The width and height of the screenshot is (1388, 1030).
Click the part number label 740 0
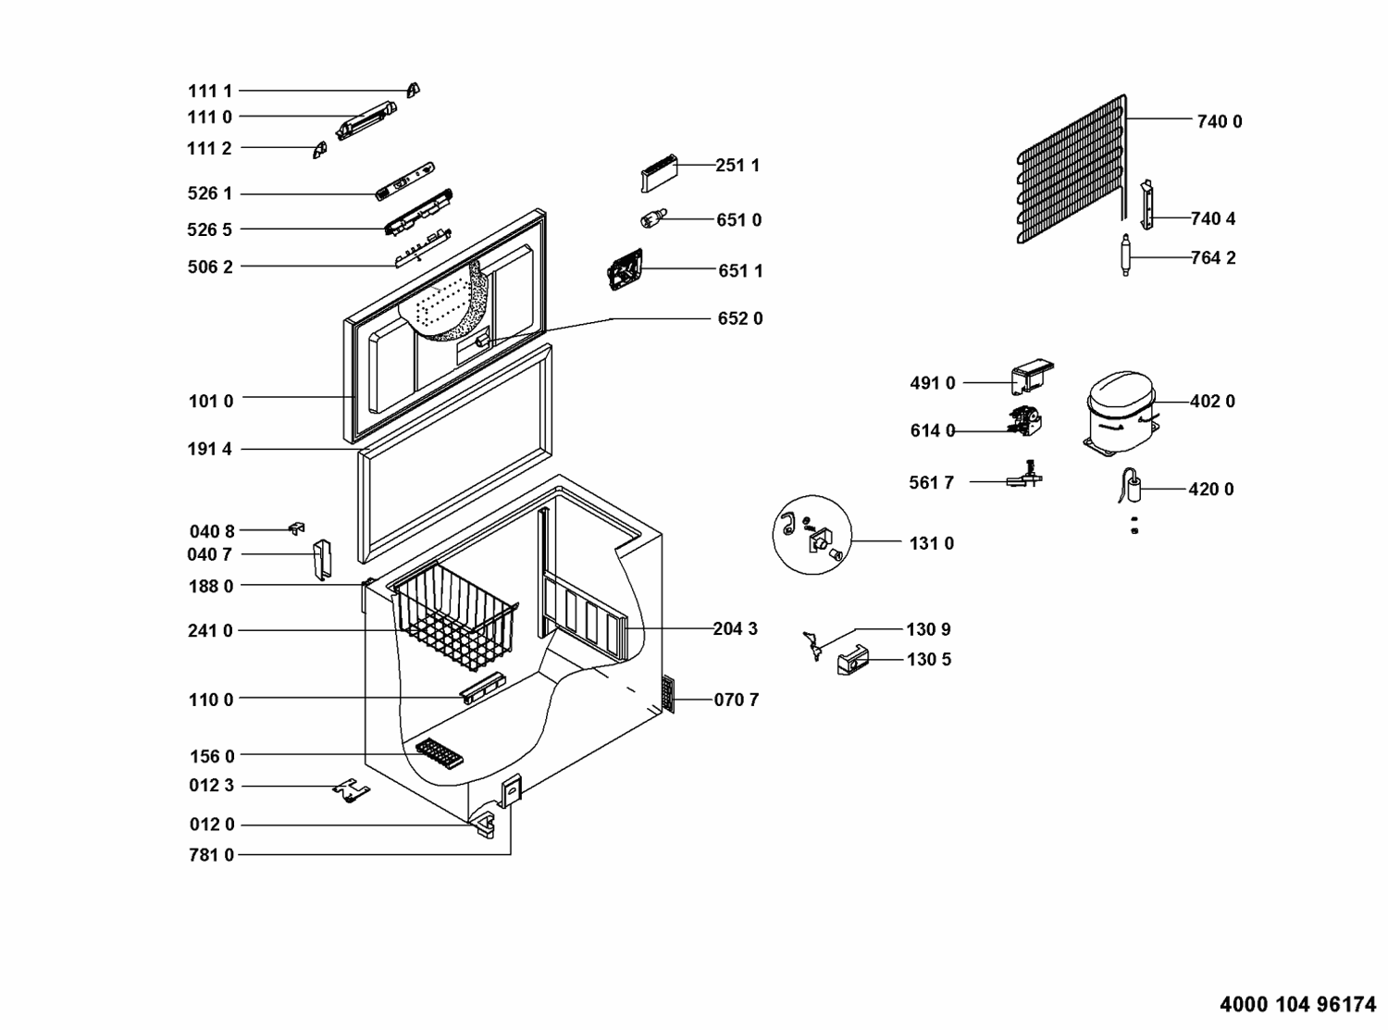tap(1219, 121)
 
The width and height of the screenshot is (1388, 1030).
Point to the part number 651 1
tap(740, 271)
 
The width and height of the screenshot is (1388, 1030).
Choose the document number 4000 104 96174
tap(1298, 1004)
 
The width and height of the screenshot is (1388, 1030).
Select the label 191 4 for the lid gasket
tap(210, 450)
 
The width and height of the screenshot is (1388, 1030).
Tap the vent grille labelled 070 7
tap(668, 695)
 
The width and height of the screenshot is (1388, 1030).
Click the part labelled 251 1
tap(658, 172)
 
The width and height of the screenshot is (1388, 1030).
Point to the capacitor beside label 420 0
tap(1131, 487)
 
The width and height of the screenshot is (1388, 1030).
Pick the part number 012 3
tap(212, 786)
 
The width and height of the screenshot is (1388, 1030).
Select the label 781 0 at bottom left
tap(212, 855)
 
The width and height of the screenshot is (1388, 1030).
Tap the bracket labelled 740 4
tap(1147, 205)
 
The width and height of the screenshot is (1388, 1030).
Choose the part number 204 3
tap(735, 629)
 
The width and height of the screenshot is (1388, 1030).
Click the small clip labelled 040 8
tap(297, 528)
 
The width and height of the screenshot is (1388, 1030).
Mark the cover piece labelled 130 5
tap(852, 660)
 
